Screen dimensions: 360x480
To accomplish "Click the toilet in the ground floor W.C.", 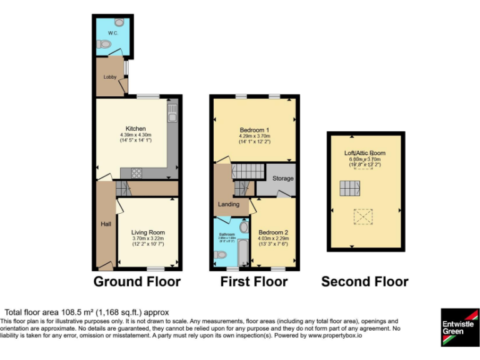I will coord(104,44).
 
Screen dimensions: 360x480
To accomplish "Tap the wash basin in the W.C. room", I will coord(119,22).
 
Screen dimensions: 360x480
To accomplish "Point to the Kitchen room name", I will coord(136,129).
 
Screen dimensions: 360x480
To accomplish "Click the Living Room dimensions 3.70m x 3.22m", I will coord(147,238).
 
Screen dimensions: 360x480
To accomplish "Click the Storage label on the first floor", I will coord(282,179).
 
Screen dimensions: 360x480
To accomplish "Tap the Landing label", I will coord(229,204).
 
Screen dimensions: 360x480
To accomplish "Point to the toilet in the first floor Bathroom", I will coord(220,255).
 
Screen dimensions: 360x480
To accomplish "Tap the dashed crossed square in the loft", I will coord(362,216).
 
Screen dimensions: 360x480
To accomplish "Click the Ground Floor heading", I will coord(137,282).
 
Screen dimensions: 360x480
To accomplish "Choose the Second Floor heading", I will coord(364,282).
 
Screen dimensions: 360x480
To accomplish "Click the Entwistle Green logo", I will coord(459,327).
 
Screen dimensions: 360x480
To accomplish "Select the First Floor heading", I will coord(254,282).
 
